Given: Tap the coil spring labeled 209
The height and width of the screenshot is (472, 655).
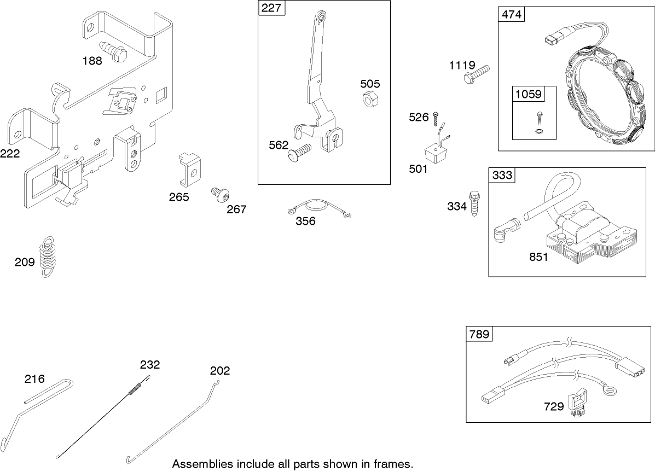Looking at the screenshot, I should (48, 257).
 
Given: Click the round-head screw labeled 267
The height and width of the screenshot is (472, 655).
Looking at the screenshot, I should (219, 195).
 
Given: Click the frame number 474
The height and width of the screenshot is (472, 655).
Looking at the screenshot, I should (511, 14).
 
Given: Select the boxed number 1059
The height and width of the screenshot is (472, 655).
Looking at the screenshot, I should (528, 94).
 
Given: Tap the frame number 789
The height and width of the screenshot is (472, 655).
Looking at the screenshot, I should (479, 334).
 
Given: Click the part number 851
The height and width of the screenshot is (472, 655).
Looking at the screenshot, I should (538, 257).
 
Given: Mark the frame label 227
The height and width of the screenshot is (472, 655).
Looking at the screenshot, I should (272, 8).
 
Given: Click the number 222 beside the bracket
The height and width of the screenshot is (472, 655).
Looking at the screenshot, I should (10, 154).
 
